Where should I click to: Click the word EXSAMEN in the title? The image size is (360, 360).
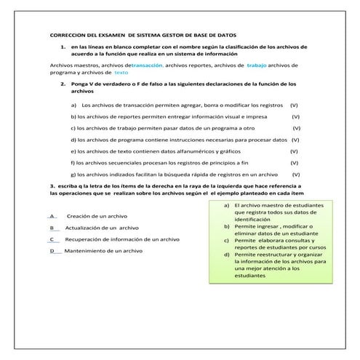110,34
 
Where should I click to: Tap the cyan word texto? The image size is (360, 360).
121,73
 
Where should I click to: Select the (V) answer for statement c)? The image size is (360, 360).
297,128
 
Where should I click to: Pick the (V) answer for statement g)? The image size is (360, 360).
296,175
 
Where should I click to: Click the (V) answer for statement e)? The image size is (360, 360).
294,151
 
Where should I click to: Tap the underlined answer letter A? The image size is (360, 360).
52,216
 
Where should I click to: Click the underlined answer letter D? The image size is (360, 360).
52,250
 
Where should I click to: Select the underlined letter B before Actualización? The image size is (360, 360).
52,228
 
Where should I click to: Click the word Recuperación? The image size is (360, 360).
85,239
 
